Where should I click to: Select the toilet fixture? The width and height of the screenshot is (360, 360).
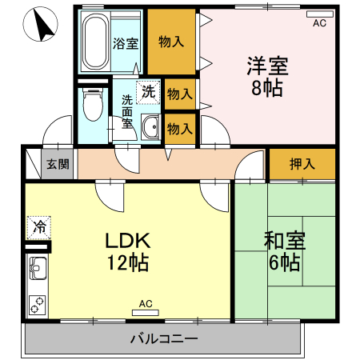tap(94, 103)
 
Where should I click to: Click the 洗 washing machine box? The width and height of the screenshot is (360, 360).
tap(148, 91)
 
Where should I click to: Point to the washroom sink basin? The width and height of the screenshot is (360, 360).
tap(150, 126)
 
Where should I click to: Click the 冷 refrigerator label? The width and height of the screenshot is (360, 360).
tap(38, 226)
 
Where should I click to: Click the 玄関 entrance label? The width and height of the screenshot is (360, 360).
tap(57, 165)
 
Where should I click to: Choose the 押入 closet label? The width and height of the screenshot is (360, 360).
tap(302, 164)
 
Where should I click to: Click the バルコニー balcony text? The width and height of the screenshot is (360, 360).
tap(164, 339)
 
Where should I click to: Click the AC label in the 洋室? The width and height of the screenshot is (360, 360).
tap(319, 23)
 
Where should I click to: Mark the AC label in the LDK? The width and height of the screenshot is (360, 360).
tap(146, 304)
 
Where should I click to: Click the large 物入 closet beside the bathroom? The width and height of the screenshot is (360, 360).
tap(171, 42)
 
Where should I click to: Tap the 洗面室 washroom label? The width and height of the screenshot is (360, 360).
tap(128, 112)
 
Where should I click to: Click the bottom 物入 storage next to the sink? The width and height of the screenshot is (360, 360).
tap(179, 126)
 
